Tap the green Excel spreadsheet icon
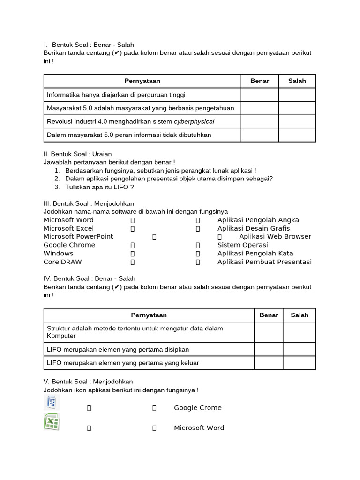(x=52, y=422)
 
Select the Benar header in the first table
(x=260, y=81)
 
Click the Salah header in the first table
(x=297, y=81)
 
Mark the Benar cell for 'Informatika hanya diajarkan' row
(x=260, y=95)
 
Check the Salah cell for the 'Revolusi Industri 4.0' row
(x=297, y=121)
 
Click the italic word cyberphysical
(x=194, y=121)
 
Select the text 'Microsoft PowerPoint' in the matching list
(x=78, y=237)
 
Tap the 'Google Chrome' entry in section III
(x=69, y=245)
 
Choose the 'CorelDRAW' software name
(x=63, y=262)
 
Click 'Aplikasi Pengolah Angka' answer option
(x=258, y=220)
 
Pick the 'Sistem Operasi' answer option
(x=243, y=245)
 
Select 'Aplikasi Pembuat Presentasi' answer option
(x=264, y=262)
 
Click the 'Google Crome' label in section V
(x=198, y=408)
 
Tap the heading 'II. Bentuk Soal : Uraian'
(x=78, y=154)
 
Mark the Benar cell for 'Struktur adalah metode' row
(x=269, y=332)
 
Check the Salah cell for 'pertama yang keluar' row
(x=300, y=363)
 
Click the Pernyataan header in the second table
(x=149, y=315)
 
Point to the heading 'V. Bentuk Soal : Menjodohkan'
(x=88, y=382)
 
